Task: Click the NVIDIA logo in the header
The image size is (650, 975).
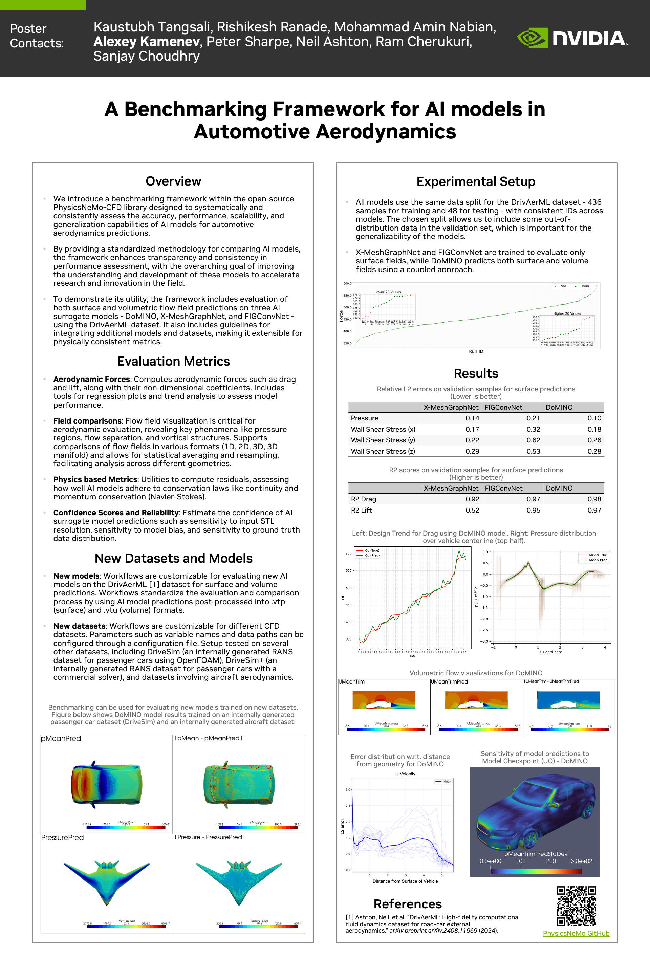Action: (572, 38)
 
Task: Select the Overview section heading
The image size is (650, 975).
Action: (173, 181)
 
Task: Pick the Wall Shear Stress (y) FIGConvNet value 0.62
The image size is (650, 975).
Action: (533, 440)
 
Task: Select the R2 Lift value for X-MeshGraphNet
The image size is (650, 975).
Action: (472, 510)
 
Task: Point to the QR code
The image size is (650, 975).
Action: (576, 906)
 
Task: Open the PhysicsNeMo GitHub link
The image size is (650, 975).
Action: (576, 934)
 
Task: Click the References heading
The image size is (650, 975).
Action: (408, 904)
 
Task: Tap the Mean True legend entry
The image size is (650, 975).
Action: (598, 555)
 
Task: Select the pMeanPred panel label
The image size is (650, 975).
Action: (61, 739)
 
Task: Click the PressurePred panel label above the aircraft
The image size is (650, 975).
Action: (63, 837)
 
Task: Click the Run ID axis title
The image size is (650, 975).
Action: (476, 351)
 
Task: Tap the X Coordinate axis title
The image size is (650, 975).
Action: (550, 652)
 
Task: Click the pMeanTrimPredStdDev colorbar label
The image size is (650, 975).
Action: (536, 854)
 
